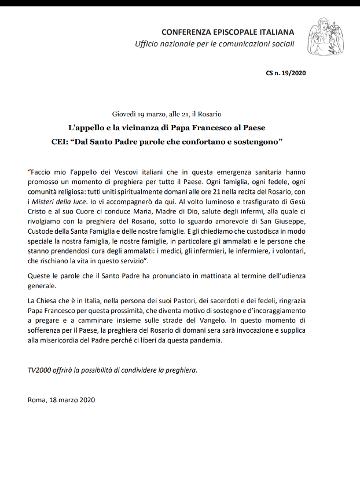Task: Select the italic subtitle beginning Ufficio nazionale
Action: pos(215,44)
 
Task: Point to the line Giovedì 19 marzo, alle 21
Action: pos(167,114)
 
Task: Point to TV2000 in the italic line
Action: pos(39,370)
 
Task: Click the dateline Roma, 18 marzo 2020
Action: pos(61,399)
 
